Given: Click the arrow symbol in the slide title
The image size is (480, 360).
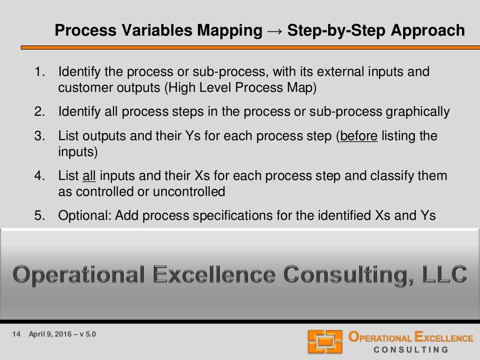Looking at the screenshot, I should coord(275,31).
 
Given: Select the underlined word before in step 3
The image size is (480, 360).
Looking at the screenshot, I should coord(359,136).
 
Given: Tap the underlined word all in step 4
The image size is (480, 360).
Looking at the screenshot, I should coord(89,176).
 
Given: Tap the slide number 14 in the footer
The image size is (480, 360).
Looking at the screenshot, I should coord(16,334).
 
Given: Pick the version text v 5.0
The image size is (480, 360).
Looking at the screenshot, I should coord(88,334).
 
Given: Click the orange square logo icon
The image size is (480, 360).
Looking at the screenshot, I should coord(325,341).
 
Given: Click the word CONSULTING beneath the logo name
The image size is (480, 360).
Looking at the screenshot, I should coord(411,350).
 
